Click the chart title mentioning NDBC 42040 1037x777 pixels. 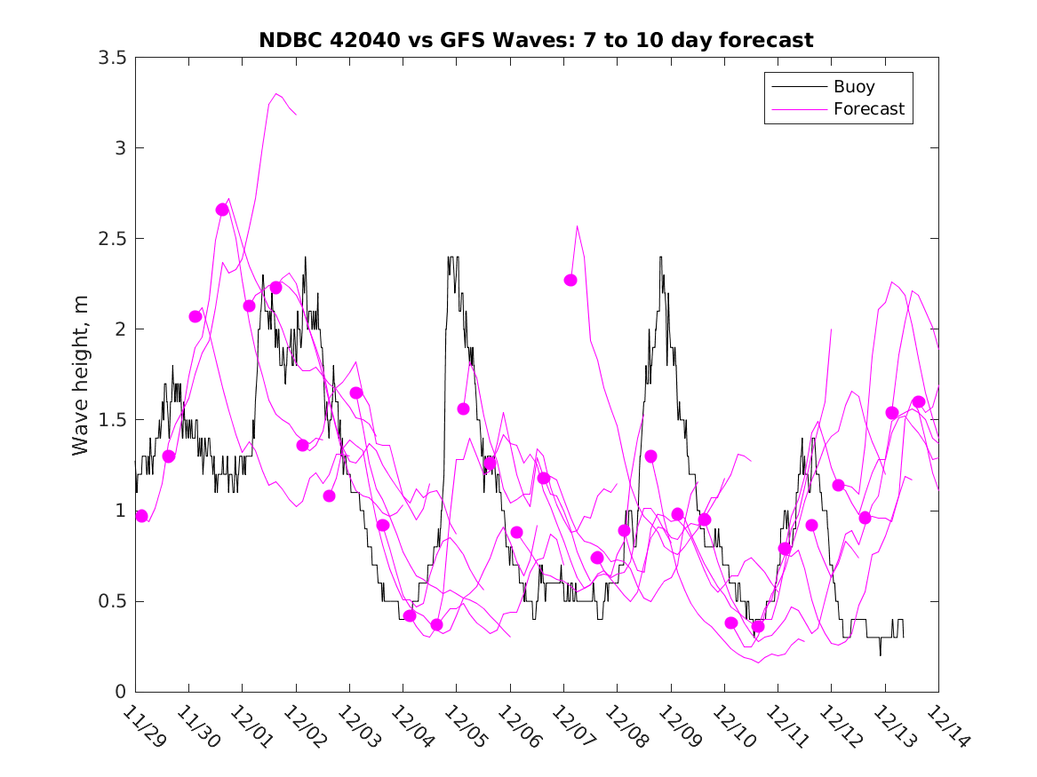click(x=536, y=40)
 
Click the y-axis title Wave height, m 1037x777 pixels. click(x=81, y=375)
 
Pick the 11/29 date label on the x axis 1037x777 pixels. click(x=142, y=726)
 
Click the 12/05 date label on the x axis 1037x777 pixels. click(x=464, y=726)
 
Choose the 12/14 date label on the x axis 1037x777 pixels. click(x=945, y=726)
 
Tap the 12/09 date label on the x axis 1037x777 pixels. click(x=678, y=726)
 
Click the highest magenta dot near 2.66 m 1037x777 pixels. click(x=222, y=210)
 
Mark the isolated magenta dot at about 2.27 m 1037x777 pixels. click(x=570, y=280)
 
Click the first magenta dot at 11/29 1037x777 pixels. click(x=141, y=516)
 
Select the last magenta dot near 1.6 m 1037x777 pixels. click(x=919, y=401)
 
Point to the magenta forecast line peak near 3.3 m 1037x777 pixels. click(x=277, y=93)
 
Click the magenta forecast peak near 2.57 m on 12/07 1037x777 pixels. click(x=578, y=226)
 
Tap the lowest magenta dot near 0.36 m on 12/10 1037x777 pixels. click(x=758, y=626)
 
